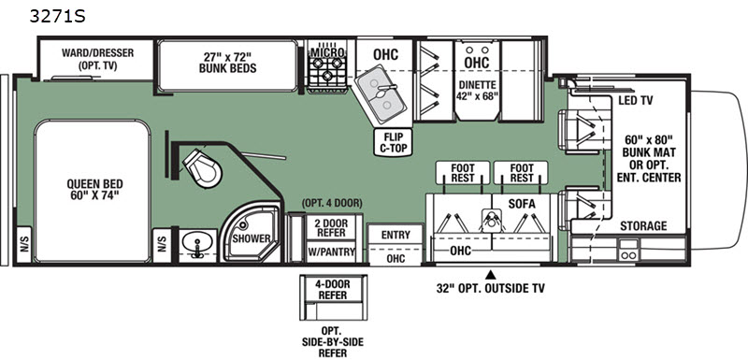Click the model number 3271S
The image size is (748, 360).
[x=57, y=16]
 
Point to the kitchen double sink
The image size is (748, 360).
[x=381, y=94]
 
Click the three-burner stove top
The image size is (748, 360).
[x=326, y=68]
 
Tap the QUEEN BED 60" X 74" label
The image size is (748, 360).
[x=94, y=189]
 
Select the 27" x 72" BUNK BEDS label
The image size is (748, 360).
[x=227, y=63]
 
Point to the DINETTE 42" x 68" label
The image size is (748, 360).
[x=478, y=90]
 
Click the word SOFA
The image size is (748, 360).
[x=522, y=204]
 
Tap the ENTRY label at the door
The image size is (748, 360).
[x=396, y=235]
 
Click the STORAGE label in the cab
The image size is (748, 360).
[x=643, y=226]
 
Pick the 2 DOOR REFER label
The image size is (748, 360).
[x=333, y=227]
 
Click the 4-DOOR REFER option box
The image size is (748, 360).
[x=333, y=297]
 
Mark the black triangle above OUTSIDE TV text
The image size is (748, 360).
[x=490, y=275]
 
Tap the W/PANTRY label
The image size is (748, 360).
[x=331, y=252]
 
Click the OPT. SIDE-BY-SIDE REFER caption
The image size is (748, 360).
[x=333, y=342]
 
